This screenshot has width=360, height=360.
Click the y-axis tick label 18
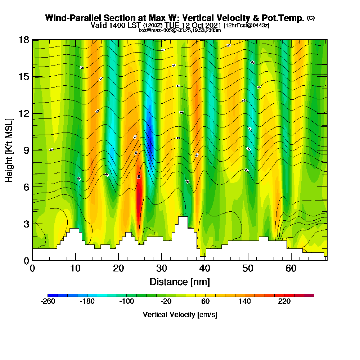(24, 40)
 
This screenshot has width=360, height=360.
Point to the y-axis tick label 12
(24, 113)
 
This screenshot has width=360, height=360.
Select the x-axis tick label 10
(76, 269)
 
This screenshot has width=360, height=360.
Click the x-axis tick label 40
(205, 269)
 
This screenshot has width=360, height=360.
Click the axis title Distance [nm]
(180, 281)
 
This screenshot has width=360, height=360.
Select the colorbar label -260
(48, 302)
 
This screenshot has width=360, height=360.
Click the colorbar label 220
(284, 302)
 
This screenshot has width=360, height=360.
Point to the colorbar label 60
(206, 302)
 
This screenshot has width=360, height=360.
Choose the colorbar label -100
(127, 302)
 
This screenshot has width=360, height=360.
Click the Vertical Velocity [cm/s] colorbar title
(180, 315)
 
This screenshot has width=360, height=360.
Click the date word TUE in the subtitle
(173, 25)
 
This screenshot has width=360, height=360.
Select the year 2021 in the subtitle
(213, 25)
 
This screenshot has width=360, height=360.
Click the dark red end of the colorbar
(312, 295)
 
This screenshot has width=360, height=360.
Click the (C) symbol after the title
(311, 18)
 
